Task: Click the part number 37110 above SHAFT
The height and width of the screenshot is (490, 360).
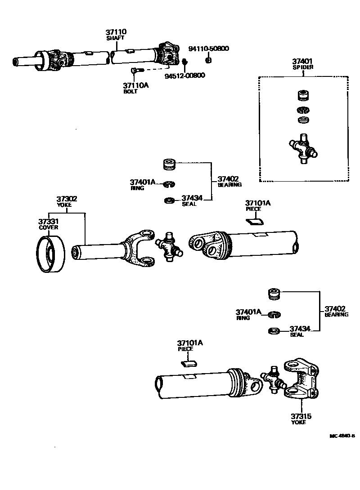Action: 116,32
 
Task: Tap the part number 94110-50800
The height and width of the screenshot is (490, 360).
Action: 208,49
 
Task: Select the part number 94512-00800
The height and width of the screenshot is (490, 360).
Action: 184,76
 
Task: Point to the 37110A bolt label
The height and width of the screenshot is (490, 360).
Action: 135,85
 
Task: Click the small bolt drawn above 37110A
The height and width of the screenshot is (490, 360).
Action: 136,70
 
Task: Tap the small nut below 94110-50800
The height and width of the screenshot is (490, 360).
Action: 208,60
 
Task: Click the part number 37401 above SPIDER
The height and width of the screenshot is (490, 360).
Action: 302,62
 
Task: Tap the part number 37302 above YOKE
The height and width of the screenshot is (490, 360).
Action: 67,198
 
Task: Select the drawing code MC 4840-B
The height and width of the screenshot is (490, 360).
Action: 342,436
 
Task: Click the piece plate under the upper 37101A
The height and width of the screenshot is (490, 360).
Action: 255,220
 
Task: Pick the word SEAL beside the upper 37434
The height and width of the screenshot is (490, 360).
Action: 189,204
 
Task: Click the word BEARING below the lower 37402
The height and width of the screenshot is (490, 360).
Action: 336,315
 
